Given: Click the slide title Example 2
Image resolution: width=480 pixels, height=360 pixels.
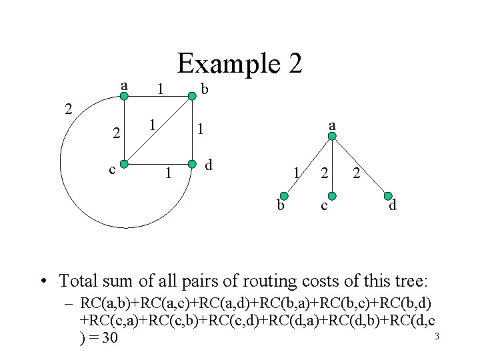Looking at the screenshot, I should point(240,63).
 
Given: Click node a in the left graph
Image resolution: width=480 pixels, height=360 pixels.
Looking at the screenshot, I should point(124,97).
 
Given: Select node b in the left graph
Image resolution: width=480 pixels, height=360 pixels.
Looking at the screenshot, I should point(192,97).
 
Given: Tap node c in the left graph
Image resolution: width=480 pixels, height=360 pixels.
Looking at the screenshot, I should point(124,163).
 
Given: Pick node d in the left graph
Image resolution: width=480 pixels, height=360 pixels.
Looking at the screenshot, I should point(192,163).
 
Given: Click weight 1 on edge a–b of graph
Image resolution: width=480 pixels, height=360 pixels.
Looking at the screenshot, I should point(158,89).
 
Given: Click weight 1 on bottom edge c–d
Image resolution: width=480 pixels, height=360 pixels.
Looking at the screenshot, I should point(169,175).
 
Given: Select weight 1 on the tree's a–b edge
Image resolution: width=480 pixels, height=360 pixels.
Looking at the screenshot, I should point(295,174).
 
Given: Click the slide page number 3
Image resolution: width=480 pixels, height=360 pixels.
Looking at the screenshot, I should point(437,336).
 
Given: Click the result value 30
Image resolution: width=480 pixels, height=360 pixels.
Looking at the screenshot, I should point(107,338).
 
